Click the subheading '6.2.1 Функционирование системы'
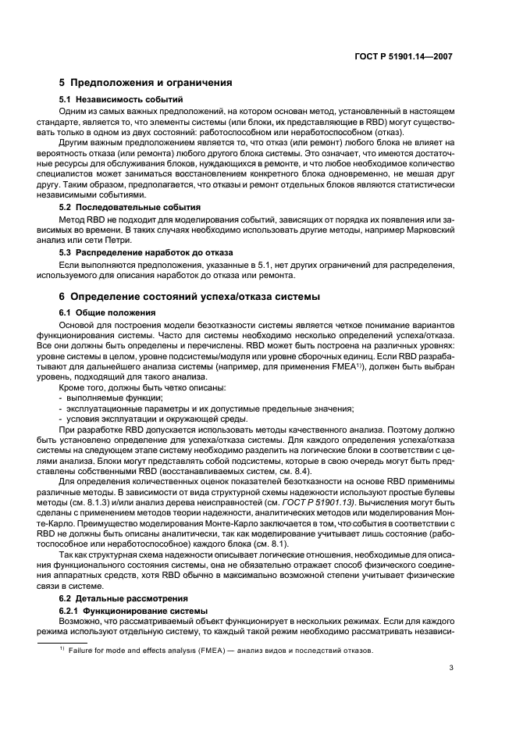(134, 609)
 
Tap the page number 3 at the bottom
(451, 668)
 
